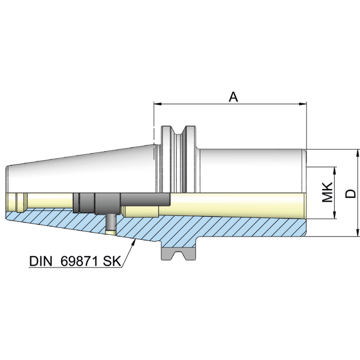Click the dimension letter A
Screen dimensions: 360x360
coord(233,96)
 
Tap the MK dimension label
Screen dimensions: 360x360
coord(328,193)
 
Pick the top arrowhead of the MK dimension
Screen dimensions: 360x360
coord(335,170)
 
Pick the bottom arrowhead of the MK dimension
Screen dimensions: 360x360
coord(335,216)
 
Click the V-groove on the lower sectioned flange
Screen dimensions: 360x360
coord(179,256)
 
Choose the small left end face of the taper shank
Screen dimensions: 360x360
coord(7,180)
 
